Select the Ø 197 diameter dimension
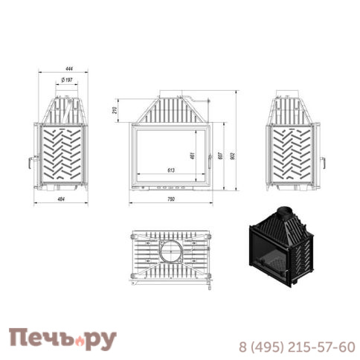(67, 80)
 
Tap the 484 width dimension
(61, 199)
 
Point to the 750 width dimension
(171, 199)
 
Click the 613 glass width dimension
(171, 170)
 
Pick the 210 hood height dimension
(115, 110)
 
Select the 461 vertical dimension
(193, 155)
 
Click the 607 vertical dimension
(221, 155)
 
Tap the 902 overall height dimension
(232, 155)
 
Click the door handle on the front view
(210, 161)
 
